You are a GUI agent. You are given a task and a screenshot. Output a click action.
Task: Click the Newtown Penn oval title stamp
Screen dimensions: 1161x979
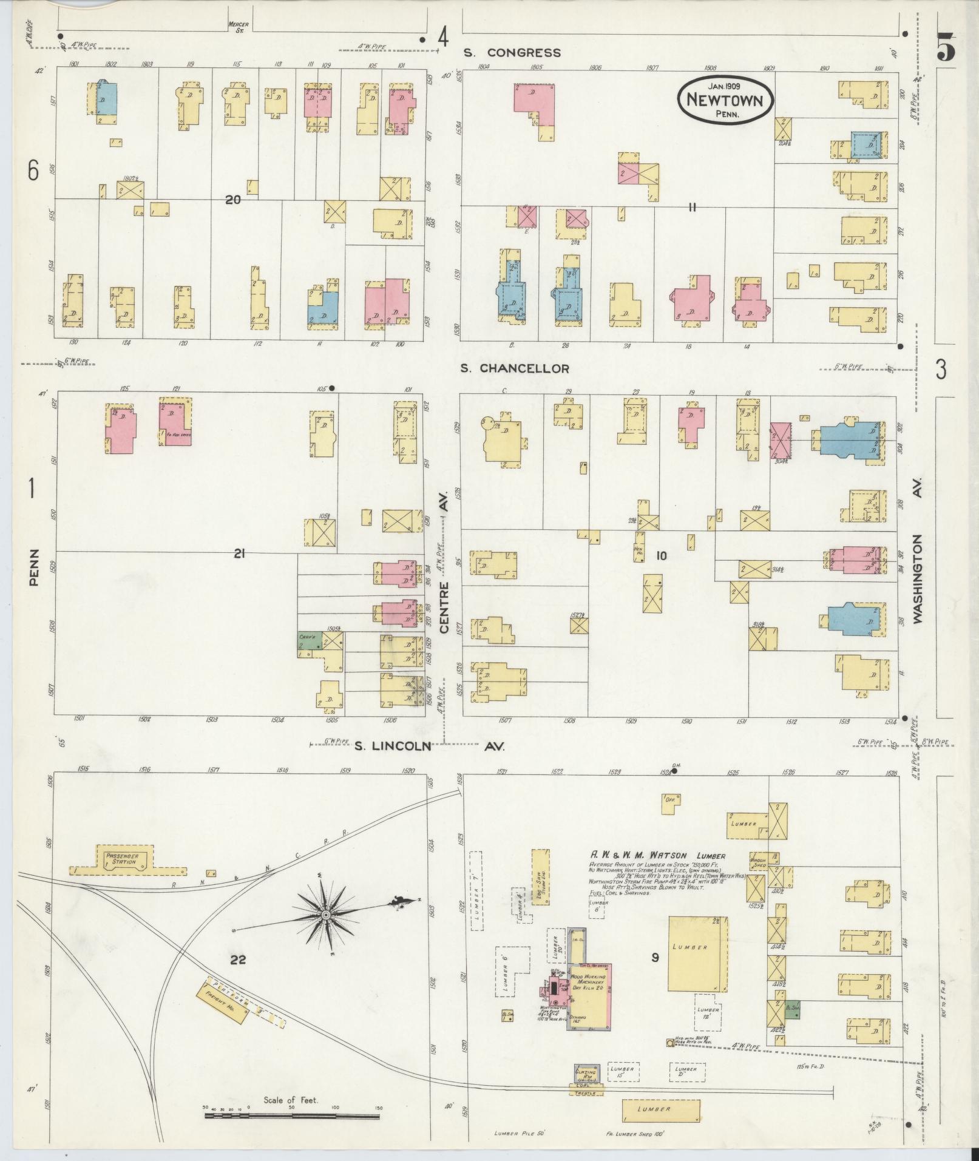tap(725, 99)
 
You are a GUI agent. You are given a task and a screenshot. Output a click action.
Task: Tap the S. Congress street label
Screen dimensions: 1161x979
tap(512, 53)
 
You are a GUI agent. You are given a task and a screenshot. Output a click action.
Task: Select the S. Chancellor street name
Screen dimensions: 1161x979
tap(514, 368)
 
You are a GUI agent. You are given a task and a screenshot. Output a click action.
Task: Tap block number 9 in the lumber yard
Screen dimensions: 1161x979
tap(655, 958)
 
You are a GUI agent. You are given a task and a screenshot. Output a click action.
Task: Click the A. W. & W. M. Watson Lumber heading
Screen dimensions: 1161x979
tap(657, 856)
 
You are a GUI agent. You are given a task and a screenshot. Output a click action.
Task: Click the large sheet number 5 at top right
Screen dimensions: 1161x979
tap(945, 47)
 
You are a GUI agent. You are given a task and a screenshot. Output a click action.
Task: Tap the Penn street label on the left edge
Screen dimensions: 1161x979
tap(33, 567)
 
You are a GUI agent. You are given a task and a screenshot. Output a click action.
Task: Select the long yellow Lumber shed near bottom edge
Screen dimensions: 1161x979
tap(661, 1110)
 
